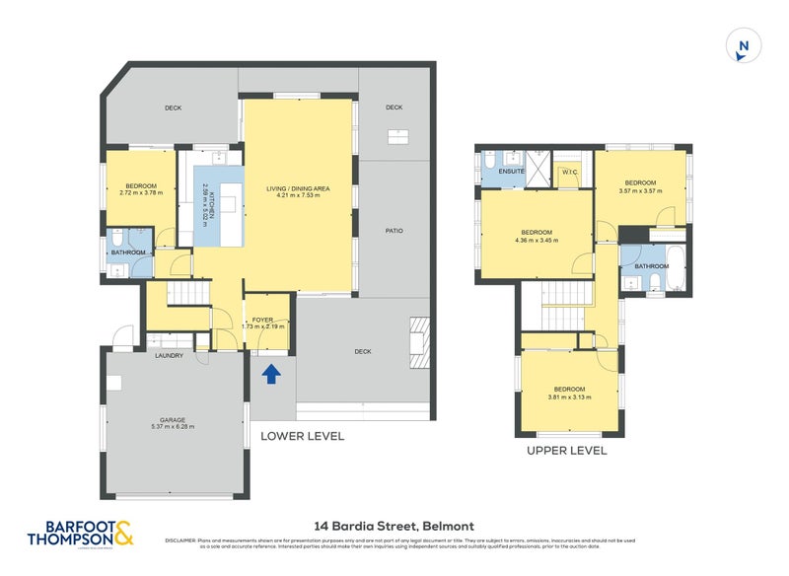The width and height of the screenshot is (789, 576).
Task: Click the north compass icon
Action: coord(743,46)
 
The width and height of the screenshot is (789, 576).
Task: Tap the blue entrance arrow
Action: coord(272,373)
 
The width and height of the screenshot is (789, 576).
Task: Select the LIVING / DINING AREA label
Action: coord(298,188)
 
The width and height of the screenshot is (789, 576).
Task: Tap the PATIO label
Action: coord(394,231)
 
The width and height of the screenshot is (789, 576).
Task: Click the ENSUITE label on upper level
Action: coord(512,171)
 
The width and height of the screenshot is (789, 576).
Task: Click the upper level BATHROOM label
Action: coord(651,266)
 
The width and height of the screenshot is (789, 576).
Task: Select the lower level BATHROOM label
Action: coord(128,252)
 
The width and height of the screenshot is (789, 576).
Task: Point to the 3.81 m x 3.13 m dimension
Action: coord(569,396)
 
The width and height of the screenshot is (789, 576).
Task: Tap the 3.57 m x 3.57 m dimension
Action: coord(640,190)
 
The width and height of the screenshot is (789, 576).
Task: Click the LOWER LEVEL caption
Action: coord(302,435)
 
